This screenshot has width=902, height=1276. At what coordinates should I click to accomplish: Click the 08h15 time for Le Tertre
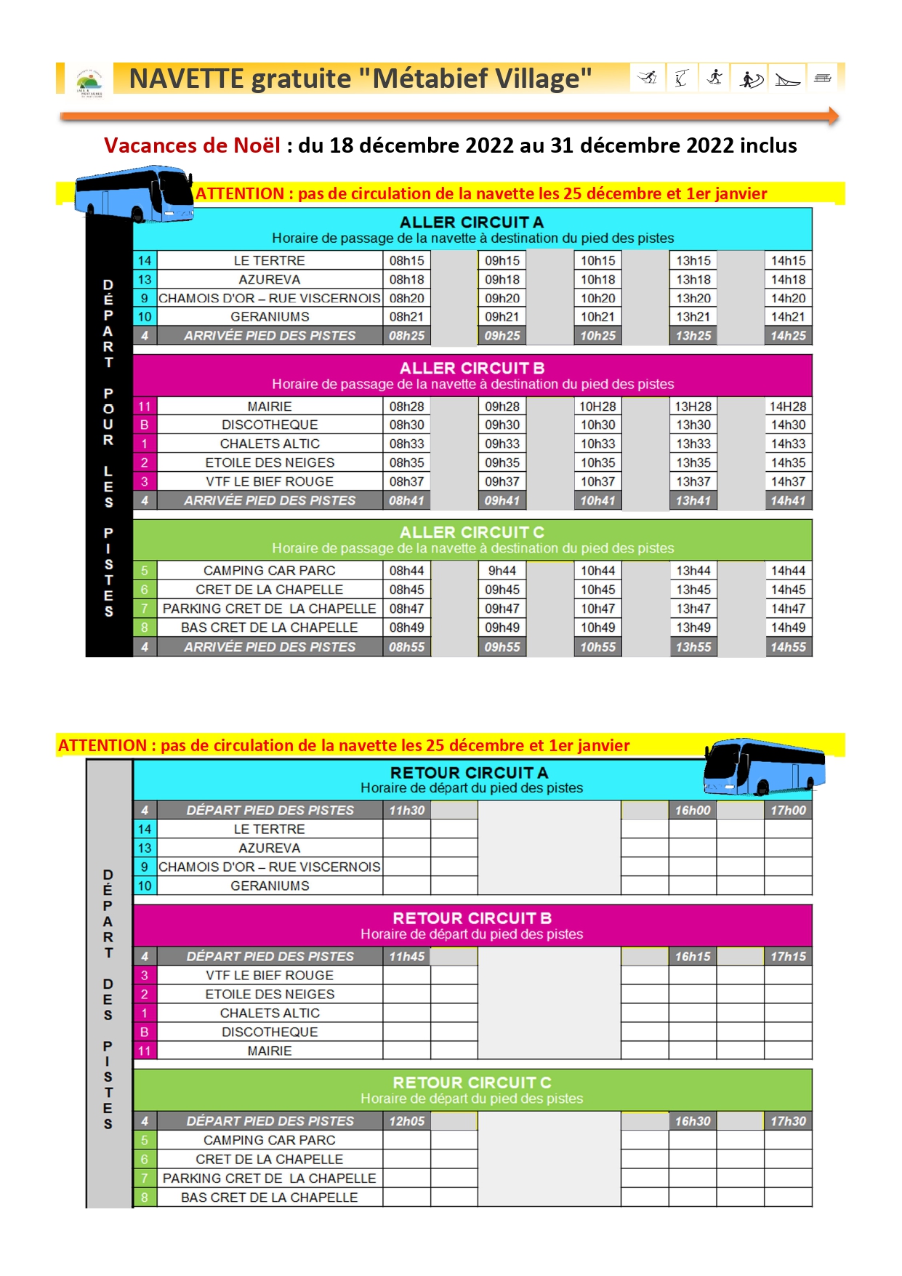[406, 260]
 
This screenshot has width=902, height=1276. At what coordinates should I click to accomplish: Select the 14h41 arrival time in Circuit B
[788, 500]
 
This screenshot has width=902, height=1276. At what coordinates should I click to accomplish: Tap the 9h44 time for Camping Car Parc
[502, 571]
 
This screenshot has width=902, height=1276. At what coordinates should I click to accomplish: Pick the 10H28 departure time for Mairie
[597, 406]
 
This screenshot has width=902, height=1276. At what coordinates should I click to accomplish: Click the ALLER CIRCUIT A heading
[472, 222]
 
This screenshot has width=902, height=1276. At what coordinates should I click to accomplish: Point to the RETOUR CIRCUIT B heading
[472, 918]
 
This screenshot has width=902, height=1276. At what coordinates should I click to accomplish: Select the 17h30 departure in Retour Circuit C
[788, 1121]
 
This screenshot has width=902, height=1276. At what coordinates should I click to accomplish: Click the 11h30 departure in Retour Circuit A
[406, 810]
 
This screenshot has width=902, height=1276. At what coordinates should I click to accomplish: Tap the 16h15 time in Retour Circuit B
[693, 956]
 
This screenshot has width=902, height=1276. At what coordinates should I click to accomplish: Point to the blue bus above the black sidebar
[134, 193]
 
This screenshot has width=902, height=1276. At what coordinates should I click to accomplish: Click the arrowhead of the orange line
[833, 116]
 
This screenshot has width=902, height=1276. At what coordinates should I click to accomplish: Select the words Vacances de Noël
[192, 145]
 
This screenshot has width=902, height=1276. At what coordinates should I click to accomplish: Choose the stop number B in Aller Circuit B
[145, 425]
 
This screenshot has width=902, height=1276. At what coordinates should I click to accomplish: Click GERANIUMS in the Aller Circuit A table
[270, 317]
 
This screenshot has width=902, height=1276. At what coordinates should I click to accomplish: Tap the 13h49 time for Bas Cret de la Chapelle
[693, 627]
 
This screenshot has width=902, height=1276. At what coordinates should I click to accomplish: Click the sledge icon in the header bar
[787, 79]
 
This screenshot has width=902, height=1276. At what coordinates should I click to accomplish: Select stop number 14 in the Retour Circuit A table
[145, 829]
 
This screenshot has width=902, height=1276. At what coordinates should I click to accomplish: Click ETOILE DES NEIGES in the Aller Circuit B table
[270, 462]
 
